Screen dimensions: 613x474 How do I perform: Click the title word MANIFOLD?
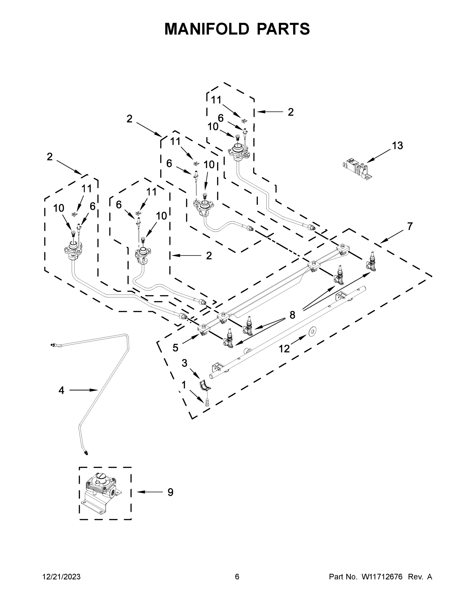[207, 29]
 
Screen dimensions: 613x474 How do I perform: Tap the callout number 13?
[397, 146]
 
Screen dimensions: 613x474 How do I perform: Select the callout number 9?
[170, 492]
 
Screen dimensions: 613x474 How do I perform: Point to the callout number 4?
[61, 390]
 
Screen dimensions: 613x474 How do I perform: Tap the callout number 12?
[284, 349]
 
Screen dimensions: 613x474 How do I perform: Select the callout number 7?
[410, 226]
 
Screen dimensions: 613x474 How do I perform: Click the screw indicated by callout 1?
[207, 402]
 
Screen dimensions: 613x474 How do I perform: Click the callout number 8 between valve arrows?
[292, 315]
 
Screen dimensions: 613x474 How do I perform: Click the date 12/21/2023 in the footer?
[61, 576]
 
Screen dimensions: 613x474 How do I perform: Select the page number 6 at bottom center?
[237, 576]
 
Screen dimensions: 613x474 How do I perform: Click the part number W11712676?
[382, 576]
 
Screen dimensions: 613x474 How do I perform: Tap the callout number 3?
[184, 363]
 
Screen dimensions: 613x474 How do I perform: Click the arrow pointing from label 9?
[150, 492]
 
